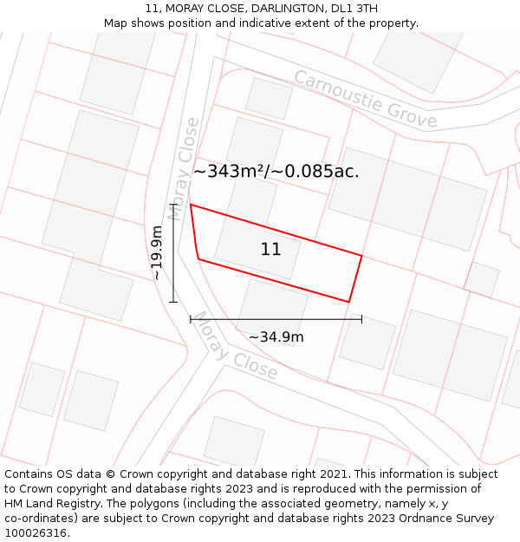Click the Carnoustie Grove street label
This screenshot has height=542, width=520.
click(365, 99)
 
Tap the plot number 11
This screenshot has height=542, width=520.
click(270, 250)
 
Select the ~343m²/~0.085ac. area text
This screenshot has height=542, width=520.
click(276, 172)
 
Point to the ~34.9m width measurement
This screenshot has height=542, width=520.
click(276, 337)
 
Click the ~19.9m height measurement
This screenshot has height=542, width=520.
click(156, 252)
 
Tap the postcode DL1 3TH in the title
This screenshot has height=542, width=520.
click(354, 9)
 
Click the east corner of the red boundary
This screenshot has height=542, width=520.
click(361, 256)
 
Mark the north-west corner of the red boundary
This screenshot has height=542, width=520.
click(191, 206)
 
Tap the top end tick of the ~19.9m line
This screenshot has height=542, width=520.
click(173, 206)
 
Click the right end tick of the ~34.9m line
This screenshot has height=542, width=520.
click(361, 319)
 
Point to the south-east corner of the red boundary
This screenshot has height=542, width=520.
click(348, 302)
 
